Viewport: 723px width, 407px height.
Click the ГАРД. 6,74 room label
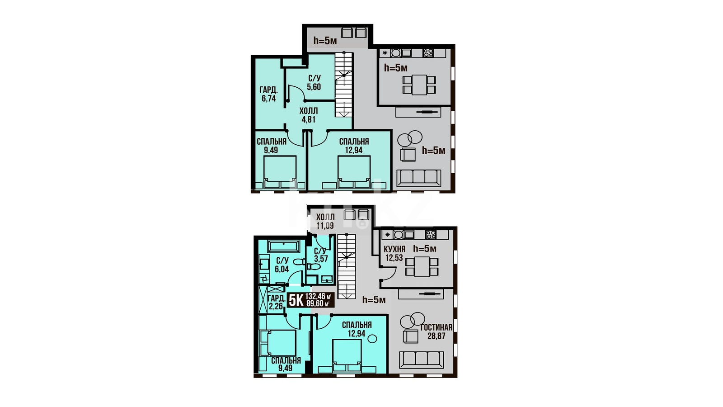pos(268,94)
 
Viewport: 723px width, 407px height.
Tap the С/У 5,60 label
pos(314,83)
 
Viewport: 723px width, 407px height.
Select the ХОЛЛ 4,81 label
pos(309,115)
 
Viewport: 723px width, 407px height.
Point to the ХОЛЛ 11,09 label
pos(325,221)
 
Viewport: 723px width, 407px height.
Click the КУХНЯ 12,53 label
pos(394,253)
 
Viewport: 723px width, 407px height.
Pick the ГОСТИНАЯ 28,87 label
pos(437,331)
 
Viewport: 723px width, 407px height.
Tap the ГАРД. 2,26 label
pos(276,302)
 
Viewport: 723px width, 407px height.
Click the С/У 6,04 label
pos(282,265)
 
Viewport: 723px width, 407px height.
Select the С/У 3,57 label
pos(320,255)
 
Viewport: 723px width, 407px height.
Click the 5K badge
pos(296,300)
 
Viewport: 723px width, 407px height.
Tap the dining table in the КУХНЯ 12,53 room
pos(422,266)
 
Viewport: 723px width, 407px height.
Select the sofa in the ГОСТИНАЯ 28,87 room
pos(421,360)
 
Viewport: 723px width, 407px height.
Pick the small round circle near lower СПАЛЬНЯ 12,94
pos(372,339)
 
